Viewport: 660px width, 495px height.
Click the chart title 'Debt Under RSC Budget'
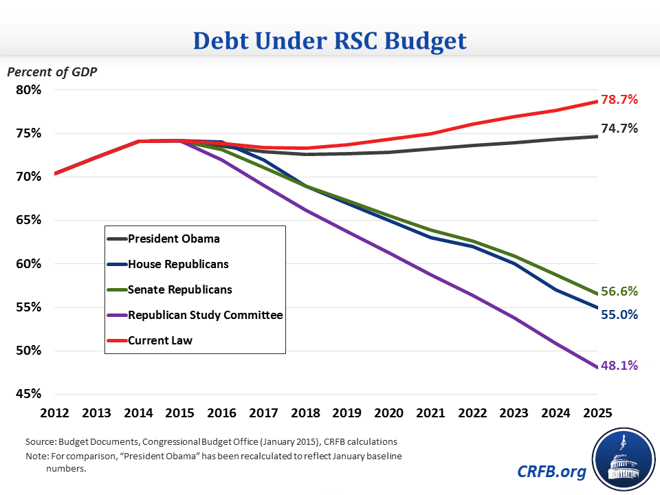[x=330, y=40]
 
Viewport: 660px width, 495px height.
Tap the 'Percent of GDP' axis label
[x=52, y=71]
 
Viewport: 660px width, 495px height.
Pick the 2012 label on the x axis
[x=54, y=413]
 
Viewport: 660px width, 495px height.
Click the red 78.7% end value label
[x=619, y=100]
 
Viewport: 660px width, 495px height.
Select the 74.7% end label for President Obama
[x=619, y=129]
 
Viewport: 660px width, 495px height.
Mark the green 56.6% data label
[x=619, y=291]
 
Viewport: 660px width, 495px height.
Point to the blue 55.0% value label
[x=619, y=315]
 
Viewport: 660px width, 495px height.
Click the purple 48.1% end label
[x=619, y=366]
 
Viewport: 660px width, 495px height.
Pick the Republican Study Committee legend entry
[x=195, y=315]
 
